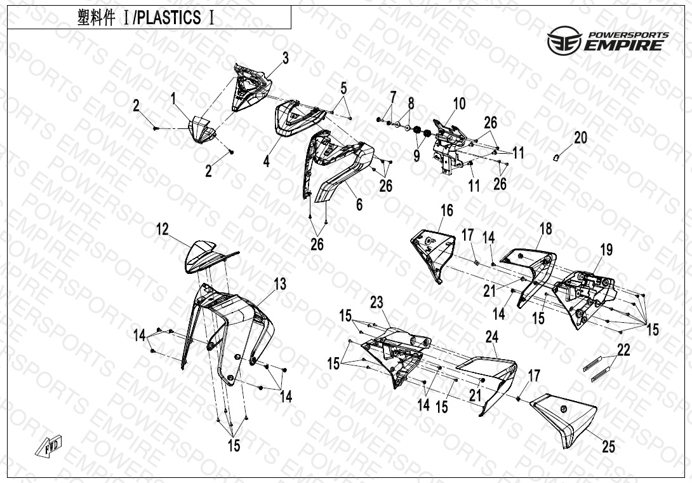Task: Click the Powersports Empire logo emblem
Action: (564, 40)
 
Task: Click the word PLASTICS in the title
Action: (166, 18)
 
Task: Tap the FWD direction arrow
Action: (48, 446)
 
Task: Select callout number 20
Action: (580, 138)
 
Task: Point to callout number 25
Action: (609, 447)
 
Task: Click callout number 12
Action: (163, 229)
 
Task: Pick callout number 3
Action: (286, 58)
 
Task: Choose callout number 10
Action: (460, 104)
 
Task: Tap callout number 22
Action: (623, 350)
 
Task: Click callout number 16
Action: (446, 210)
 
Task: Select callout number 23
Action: (376, 303)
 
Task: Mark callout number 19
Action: (607, 250)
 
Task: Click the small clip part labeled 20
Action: (557, 156)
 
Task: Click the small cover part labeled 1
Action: (201, 130)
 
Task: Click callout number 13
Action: (280, 284)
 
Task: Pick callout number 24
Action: (491, 337)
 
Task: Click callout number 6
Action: (360, 204)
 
